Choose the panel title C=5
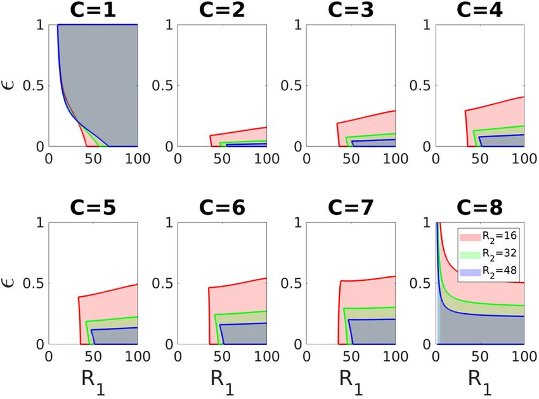tap(93, 208)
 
